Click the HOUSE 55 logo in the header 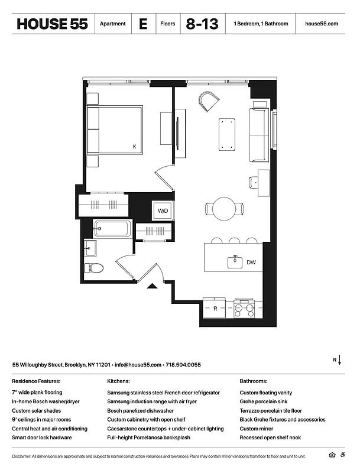click(52, 24)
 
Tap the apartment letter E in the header click(143, 24)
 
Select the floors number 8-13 click(202, 24)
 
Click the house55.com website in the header click(322, 24)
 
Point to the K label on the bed click(134, 146)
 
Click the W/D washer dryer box click(162, 211)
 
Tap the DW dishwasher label click(251, 262)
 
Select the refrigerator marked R click(216, 308)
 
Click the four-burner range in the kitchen click(245, 309)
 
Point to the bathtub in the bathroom click(112, 229)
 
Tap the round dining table click(225, 209)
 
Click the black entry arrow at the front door click(151, 287)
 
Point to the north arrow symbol click(339, 361)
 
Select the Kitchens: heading click(118, 381)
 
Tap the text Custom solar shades click(37, 410)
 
